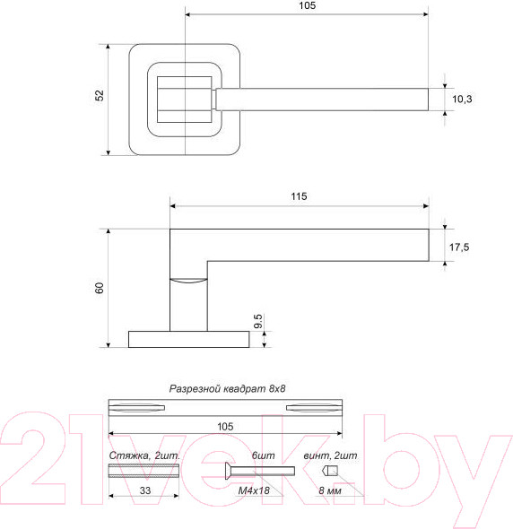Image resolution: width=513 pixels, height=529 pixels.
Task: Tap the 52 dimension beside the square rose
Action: point(100,96)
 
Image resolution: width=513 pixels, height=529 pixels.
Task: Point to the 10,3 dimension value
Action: point(463,100)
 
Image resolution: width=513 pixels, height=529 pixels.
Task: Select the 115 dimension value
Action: point(300,196)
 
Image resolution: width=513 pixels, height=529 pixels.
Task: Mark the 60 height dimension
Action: point(100,288)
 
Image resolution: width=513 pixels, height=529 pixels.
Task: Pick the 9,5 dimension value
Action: point(257,323)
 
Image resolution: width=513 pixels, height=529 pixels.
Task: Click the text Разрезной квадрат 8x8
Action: point(232,389)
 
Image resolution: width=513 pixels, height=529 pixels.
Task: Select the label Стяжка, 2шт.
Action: point(144,456)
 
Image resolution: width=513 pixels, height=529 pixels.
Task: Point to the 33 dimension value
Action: point(143,491)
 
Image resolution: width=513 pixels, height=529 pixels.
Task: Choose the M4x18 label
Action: point(254,491)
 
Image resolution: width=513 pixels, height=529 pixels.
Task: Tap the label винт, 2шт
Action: point(329,456)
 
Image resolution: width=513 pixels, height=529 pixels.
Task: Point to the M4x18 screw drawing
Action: point(257,472)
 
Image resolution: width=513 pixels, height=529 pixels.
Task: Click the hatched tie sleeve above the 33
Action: point(143,472)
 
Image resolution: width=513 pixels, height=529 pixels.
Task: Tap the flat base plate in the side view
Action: point(188,339)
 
